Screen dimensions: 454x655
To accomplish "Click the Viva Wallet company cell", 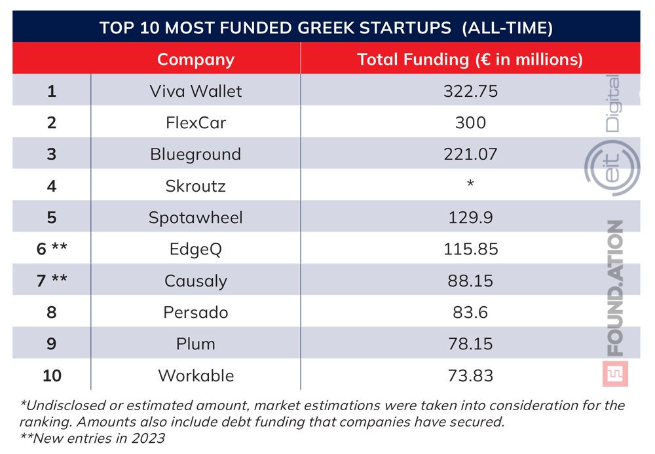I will click(x=195, y=90).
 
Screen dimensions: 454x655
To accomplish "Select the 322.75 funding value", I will click(x=470, y=90).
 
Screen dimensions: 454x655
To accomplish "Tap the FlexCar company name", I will click(x=195, y=122).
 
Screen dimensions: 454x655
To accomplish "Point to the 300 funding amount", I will click(x=470, y=122).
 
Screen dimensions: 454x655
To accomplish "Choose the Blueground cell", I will click(x=195, y=154).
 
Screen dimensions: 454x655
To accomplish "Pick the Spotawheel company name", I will click(x=195, y=217).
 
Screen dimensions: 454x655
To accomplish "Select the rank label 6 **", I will click(x=52, y=249).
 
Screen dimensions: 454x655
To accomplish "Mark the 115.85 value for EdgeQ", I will click(x=470, y=249).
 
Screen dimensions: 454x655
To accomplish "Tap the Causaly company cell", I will click(x=195, y=281).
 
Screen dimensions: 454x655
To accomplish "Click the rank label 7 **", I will click(x=52, y=281).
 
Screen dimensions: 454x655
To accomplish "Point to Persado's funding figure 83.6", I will click(x=470, y=313).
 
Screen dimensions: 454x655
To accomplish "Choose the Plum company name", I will click(x=195, y=344).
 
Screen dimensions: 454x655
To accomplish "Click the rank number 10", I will click(x=52, y=376).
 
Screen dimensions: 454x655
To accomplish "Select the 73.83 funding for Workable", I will click(x=470, y=376).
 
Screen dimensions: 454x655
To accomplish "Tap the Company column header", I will click(x=195, y=60).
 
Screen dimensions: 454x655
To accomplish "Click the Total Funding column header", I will click(x=470, y=60).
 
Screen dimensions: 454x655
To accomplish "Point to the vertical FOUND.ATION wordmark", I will click(x=614, y=288).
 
